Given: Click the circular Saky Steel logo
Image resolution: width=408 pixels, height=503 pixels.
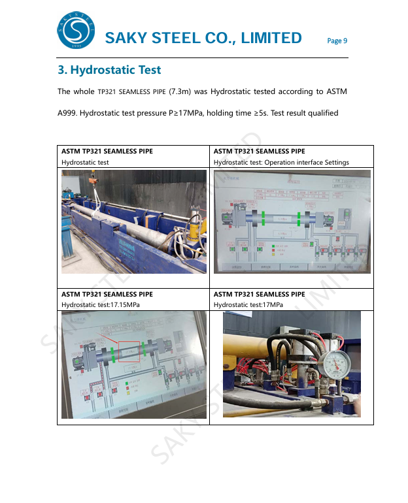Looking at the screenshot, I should [x=76, y=30].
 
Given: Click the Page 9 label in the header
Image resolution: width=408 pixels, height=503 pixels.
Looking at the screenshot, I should [x=337, y=41].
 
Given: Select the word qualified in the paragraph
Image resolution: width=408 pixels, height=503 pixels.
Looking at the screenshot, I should [x=322, y=113].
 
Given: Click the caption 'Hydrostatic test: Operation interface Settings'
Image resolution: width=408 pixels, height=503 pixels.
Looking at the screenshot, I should [x=281, y=162].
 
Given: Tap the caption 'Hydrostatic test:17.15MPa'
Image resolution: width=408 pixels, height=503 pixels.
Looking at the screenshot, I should [x=101, y=304].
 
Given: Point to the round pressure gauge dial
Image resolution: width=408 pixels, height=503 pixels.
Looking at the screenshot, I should [x=335, y=363].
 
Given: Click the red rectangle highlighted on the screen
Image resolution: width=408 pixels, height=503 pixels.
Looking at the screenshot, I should [x=129, y=351].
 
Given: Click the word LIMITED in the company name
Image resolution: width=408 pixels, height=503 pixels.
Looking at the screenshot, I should [x=271, y=38].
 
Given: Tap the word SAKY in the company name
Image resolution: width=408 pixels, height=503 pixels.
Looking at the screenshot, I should [x=126, y=38].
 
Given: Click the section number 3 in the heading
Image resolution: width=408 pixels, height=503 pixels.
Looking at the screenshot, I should [x=61, y=69].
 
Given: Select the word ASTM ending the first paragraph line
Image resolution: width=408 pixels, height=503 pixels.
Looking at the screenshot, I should [x=335, y=91].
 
